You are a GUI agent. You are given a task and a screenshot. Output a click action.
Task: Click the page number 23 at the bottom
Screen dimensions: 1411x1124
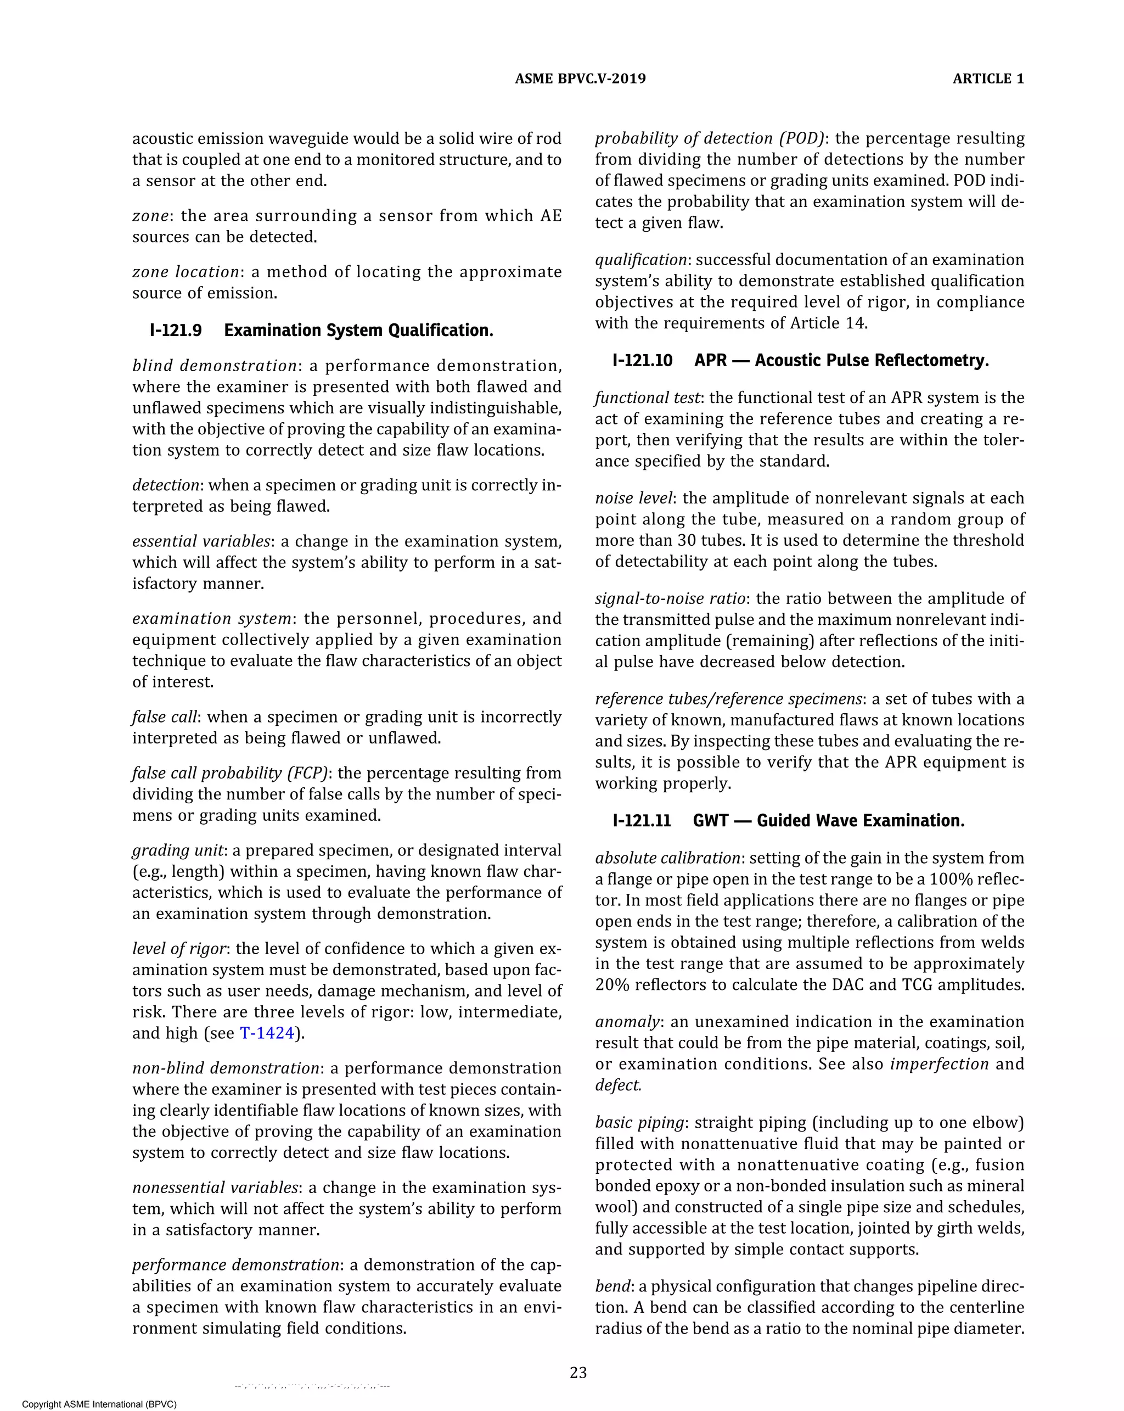578,1373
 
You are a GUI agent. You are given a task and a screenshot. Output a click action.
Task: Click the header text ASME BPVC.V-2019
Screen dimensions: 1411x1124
580,79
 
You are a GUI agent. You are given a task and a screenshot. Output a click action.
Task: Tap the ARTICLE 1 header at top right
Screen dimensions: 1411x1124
987,79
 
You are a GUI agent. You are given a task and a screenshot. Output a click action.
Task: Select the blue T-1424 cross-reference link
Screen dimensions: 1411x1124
266,1033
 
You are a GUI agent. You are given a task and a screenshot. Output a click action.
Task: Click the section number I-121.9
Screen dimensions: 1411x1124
175,331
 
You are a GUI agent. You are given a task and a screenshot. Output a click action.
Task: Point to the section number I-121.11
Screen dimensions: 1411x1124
641,821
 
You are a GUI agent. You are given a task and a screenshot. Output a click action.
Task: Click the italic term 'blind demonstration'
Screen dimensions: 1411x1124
215,366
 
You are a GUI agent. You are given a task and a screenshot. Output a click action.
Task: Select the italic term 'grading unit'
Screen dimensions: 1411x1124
178,850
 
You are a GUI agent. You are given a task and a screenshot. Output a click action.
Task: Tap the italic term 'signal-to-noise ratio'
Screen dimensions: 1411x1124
670,599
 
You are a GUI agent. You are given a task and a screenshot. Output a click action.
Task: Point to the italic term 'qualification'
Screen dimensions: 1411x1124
640,260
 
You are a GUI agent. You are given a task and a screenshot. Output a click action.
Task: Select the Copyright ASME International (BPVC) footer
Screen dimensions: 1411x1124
99,1404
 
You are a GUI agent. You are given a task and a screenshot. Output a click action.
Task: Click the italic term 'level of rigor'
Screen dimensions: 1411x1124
179,949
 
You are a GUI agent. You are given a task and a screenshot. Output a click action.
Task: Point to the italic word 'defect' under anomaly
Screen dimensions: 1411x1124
617,1085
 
